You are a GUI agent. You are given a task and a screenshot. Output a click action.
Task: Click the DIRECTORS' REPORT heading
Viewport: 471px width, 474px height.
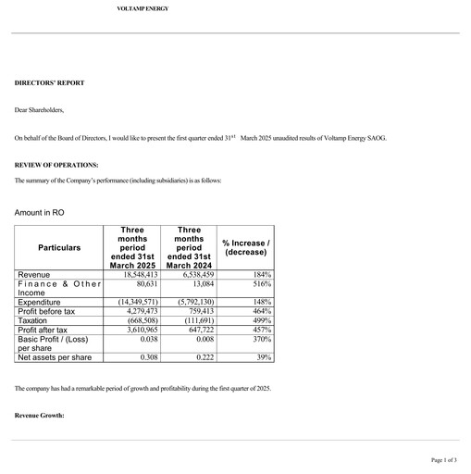click(49, 83)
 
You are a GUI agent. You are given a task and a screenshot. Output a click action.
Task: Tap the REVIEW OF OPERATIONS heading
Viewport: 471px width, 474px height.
click(56, 165)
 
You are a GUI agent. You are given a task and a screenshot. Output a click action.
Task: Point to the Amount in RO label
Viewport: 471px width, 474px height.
click(39, 213)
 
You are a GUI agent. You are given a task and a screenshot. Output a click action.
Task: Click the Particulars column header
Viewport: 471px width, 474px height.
click(59, 248)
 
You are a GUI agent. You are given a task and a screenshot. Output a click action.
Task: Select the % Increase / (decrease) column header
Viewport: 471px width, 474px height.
click(247, 247)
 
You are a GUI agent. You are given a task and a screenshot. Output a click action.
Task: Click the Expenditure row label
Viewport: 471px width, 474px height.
click(40, 302)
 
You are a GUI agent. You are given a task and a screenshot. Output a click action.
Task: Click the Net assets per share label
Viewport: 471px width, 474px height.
click(56, 356)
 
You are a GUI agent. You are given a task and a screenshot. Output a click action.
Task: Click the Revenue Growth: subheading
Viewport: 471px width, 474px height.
click(40, 416)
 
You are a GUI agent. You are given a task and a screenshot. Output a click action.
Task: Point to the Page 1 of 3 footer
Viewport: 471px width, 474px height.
click(443, 459)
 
